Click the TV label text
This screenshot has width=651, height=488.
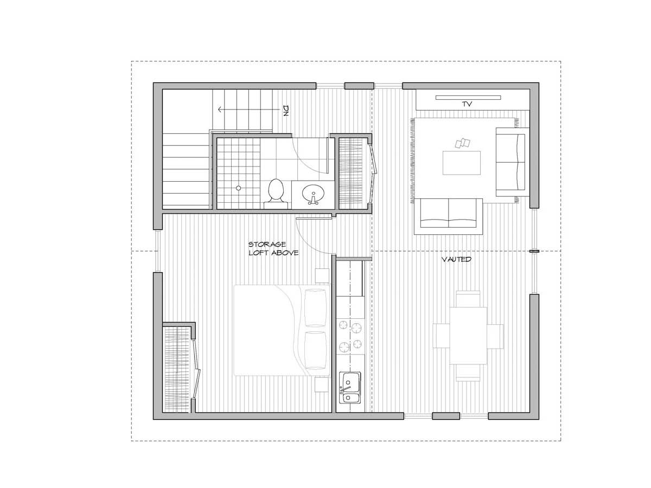pos(467,104)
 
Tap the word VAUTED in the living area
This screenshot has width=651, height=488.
pos(456,260)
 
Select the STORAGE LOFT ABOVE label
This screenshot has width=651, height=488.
pos(273,248)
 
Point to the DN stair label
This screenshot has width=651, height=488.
pos(286,111)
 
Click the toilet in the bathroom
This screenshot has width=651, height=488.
pos(276,194)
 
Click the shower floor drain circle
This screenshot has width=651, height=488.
pos(238,188)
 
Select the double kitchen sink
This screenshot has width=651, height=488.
pos(350,388)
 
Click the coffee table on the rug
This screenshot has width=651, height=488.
pos(462,163)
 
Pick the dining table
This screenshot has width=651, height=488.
pos(468,336)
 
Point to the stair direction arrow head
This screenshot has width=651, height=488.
pos(220,110)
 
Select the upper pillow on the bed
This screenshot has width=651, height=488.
pos(315,308)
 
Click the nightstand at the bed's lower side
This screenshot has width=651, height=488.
pos(322,384)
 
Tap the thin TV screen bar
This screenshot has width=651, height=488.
pos(468,98)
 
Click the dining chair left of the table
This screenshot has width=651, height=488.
pos(441,336)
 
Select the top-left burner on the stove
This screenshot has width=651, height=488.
pos(344,325)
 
